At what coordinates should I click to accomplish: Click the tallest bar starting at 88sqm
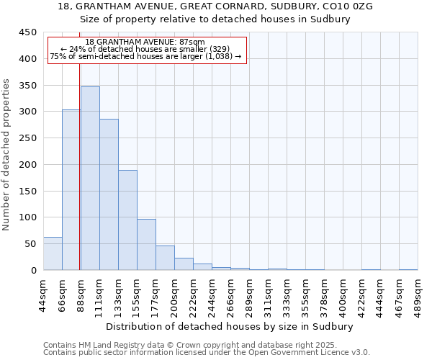(x=90, y=179)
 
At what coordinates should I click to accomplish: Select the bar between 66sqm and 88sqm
(x=71, y=190)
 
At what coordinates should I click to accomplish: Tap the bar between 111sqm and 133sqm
(x=109, y=194)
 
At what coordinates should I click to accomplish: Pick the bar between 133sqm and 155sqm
(x=127, y=220)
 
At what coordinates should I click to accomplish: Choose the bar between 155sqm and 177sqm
(x=146, y=245)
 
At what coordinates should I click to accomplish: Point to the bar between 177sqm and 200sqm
(x=165, y=258)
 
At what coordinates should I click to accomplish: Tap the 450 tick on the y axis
(x=27, y=32)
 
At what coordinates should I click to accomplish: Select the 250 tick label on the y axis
(x=27, y=138)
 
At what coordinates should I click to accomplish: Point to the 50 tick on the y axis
(x=30, y=244)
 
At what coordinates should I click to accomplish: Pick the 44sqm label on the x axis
(x=43, y=294)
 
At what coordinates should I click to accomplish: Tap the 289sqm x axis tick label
(x=249, y=294)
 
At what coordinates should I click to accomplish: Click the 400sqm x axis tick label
(x=343, y=294)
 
